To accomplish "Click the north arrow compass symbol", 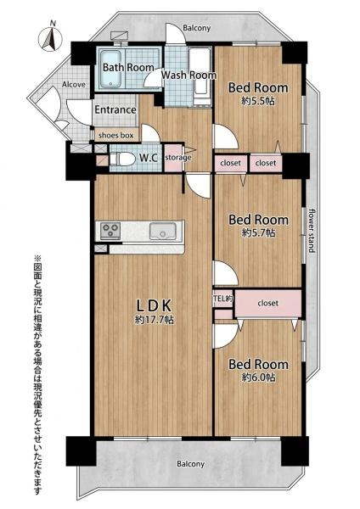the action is tap(50, 39).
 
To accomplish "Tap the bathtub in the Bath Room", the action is tap(111, 70).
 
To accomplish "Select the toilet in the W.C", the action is tap(122, 159).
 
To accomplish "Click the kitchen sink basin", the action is tap(162, 231).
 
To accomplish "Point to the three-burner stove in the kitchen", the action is tap(110, 231).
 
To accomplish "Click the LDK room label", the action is tap(154, 305).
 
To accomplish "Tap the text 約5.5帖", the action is tap(258, 101).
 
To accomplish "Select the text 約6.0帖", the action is tap(259, 378).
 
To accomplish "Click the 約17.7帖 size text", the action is tap(155, 320).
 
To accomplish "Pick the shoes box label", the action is tap(116, 136).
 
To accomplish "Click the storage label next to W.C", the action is tap(178, 158).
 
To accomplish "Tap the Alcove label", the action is tap(74, 84).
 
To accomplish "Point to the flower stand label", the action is tap(312, 230).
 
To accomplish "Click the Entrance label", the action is tap(115, 109).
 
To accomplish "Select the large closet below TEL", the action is tap(267, 303).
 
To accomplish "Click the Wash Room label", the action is tap(188, 75).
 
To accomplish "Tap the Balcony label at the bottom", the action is tap(191, 464).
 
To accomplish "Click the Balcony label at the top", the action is tap(197, 28).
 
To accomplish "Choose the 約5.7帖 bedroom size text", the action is tap(259, 232).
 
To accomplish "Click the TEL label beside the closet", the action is tap(223, 298).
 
